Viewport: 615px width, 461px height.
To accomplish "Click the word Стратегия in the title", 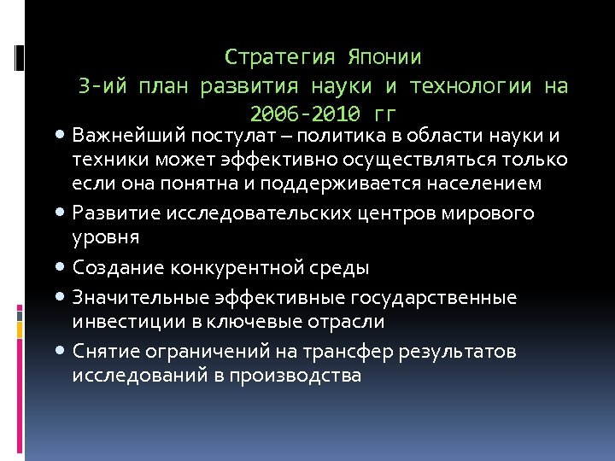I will [281, 58].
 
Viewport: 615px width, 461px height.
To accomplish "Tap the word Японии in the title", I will [384, 58].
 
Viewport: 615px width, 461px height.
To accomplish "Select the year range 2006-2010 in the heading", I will [312, 114].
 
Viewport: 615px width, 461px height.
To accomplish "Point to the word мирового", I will [486, 213].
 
